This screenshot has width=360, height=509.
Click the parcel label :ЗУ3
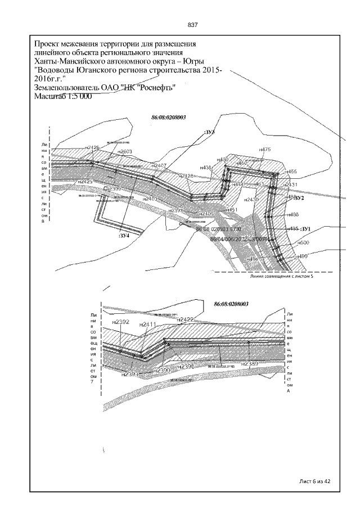(209, 132)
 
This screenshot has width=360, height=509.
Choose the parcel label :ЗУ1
(306, 229)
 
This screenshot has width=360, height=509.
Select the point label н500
(303, 242)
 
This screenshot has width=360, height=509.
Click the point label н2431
(291, 184)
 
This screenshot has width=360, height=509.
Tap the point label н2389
(249, 364)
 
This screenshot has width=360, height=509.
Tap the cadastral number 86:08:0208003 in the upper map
(169, 118)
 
